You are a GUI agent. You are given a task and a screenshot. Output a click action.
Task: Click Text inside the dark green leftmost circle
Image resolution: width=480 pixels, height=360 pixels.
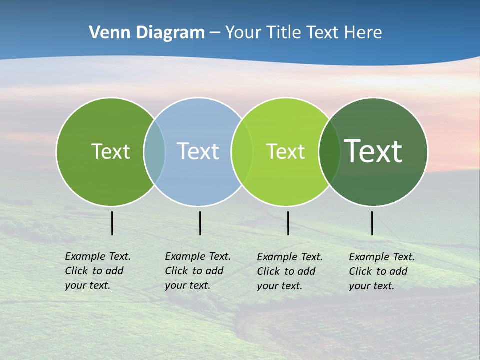coord(110,151)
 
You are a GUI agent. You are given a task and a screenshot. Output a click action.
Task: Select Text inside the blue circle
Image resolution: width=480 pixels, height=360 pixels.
coord(198,151)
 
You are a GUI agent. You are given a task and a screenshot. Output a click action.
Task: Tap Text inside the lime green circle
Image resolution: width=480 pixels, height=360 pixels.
coord(285,151)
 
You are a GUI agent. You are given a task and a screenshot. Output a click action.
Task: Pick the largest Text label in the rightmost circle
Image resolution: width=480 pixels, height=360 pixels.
coord(373,151)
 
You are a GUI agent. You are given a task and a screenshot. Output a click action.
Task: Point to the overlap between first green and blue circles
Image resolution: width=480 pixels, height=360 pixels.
coord(154,152)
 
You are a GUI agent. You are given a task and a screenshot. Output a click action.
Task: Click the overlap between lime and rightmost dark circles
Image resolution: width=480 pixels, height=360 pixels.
coord(329,152)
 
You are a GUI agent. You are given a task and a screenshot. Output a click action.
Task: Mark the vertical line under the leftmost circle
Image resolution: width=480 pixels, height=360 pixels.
coord(112,223)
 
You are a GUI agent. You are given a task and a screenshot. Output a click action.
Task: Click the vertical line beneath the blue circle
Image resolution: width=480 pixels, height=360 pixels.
coord(200,223)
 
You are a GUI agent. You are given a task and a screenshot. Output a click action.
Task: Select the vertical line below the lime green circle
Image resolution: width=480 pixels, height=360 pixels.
coord(288,223)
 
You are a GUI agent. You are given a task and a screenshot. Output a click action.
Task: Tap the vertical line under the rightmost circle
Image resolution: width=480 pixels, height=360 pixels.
coord(372,223)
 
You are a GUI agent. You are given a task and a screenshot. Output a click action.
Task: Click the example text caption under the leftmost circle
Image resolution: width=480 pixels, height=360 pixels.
coord(97,271)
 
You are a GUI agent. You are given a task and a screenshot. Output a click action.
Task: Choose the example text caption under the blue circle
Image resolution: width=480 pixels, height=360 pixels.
coord(197,271)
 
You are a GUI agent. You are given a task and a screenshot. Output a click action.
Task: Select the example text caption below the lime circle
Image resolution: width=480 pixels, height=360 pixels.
coord(289,271)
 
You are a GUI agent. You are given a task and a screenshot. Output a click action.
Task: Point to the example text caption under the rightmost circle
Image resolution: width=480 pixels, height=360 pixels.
coord(381,271)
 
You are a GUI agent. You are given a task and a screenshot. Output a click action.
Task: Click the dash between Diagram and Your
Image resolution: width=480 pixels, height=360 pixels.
coord(215,33)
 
